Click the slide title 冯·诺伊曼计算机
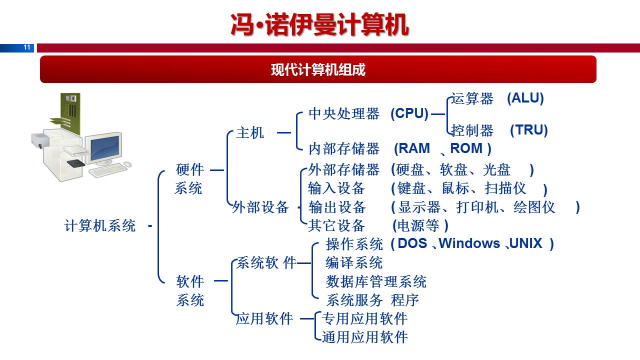coord(320,24)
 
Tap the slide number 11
coord(27,48)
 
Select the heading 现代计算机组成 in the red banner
coord(318,69)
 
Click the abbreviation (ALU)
coord(525,98)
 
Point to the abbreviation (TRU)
coord(528,130)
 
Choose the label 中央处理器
coord(344,114)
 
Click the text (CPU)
coord(409,114)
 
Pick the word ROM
coord(466,148)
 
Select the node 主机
coord(250,133)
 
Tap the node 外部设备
coord(260,207)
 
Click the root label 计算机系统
coord(100,225)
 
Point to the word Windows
coord(469,243)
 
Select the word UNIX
coord(526,243)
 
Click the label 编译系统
coord(354,262)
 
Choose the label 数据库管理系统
coord(376,281)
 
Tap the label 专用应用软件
coord(364,318)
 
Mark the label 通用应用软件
coord(364,337)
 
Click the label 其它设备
coord(336,225)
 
